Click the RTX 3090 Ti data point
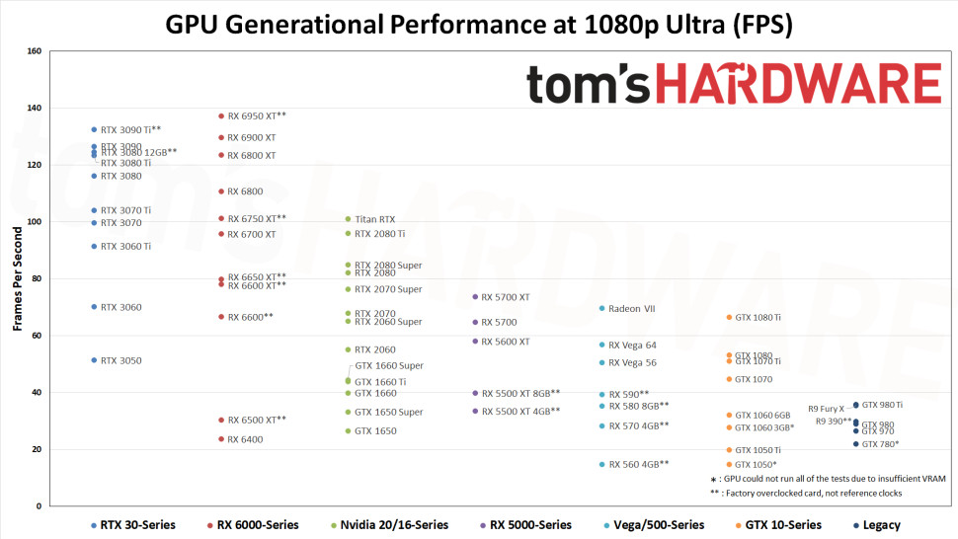(x=94, y=129)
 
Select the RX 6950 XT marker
(x=221, y=116)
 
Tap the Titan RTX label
(x=374, y=219)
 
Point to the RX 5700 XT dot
(x=475, y=297)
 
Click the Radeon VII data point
(x=601, y=308)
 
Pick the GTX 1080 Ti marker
(x=729, y=318)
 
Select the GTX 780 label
(x=880, y=444)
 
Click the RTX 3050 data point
(x=94, y=360)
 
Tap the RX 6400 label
(x=245, y=439)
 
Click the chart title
(x=479, y=23)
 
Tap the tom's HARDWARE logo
(x=733, y=84)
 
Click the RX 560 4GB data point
(x=601, y=464)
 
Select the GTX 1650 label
(x=375, y=431)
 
